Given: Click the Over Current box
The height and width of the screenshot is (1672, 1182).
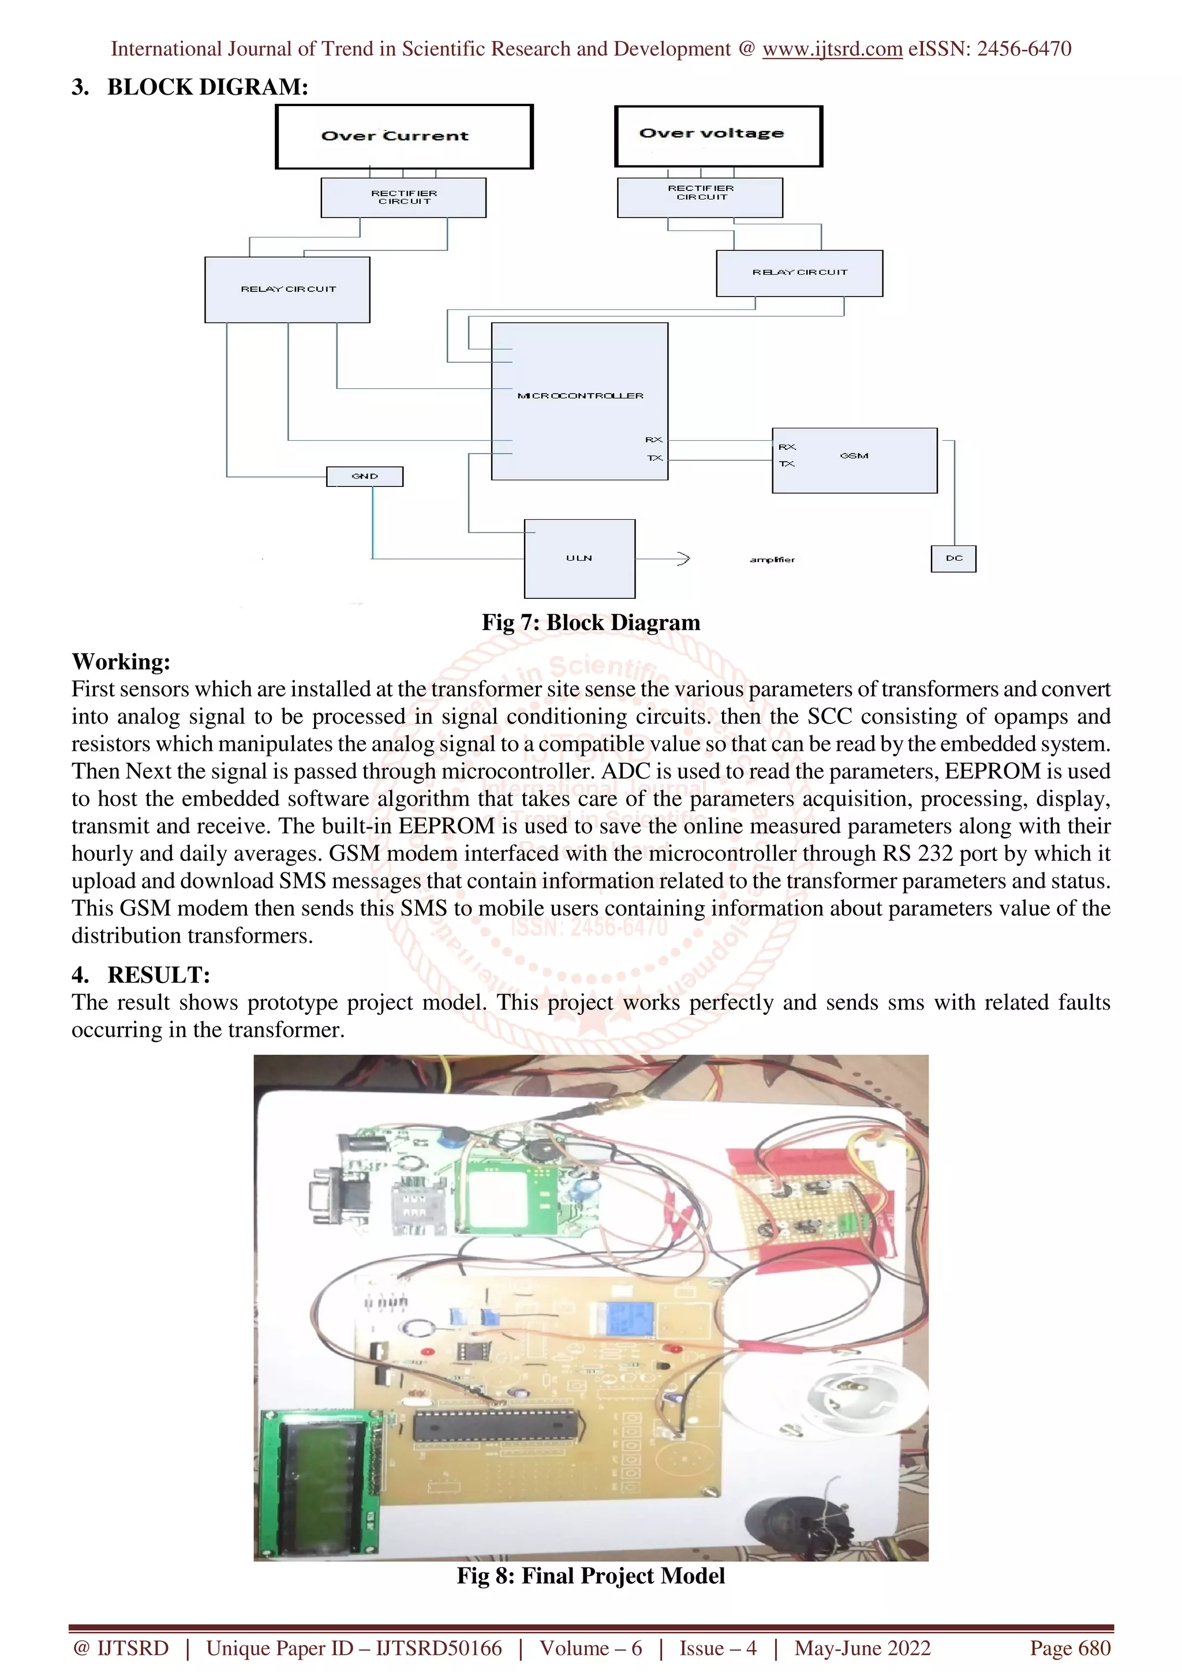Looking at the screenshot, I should coord(404,137).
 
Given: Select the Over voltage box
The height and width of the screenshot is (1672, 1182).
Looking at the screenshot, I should coord(718,136).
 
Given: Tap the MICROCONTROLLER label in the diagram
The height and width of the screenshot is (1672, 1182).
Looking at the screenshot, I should coord(581,395).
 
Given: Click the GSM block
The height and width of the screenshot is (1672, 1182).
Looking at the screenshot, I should coord(854,460).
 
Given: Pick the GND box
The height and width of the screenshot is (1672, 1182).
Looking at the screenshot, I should coord(365,476).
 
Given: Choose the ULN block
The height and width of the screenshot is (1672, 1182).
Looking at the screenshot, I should coord(579,558).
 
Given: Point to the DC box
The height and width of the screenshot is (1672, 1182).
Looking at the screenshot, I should coord(953,558).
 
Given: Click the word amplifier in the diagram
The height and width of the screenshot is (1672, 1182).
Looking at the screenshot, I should coord(772,559).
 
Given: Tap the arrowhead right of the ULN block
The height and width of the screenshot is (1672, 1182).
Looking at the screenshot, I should coord(683,558).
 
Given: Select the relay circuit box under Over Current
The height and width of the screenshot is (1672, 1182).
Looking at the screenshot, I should coord(287,289).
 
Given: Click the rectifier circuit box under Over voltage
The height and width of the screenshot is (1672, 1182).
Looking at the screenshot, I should coord(700,197).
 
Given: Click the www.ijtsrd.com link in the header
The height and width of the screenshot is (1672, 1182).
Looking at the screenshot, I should coord(832,49).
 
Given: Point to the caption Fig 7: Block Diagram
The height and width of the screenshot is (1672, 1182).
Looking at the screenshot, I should coord(590,623).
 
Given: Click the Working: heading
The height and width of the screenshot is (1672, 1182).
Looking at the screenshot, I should coord(121,661).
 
